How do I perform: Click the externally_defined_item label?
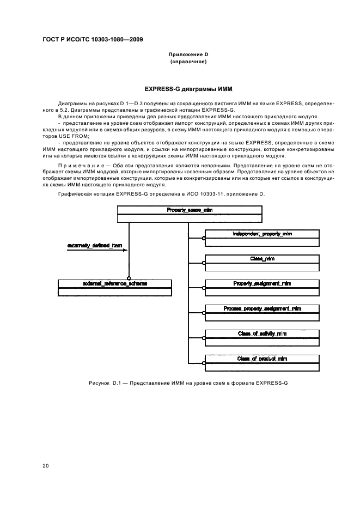click(x=95, y=246)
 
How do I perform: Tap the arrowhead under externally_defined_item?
click(x=125, y=251)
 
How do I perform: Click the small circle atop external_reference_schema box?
click(x=129, y=278)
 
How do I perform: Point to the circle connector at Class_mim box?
click(x=204, y=263)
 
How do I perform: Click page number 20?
click(x=46, y=466)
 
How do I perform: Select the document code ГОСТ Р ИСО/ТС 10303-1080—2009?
click(x=93, y=40)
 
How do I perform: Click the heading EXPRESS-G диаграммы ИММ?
click(x=188, y=89)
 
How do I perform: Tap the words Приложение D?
click(x=188, y=54)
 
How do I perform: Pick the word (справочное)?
click(x=188, y=62)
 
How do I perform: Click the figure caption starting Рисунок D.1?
click(x=188, y=383)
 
